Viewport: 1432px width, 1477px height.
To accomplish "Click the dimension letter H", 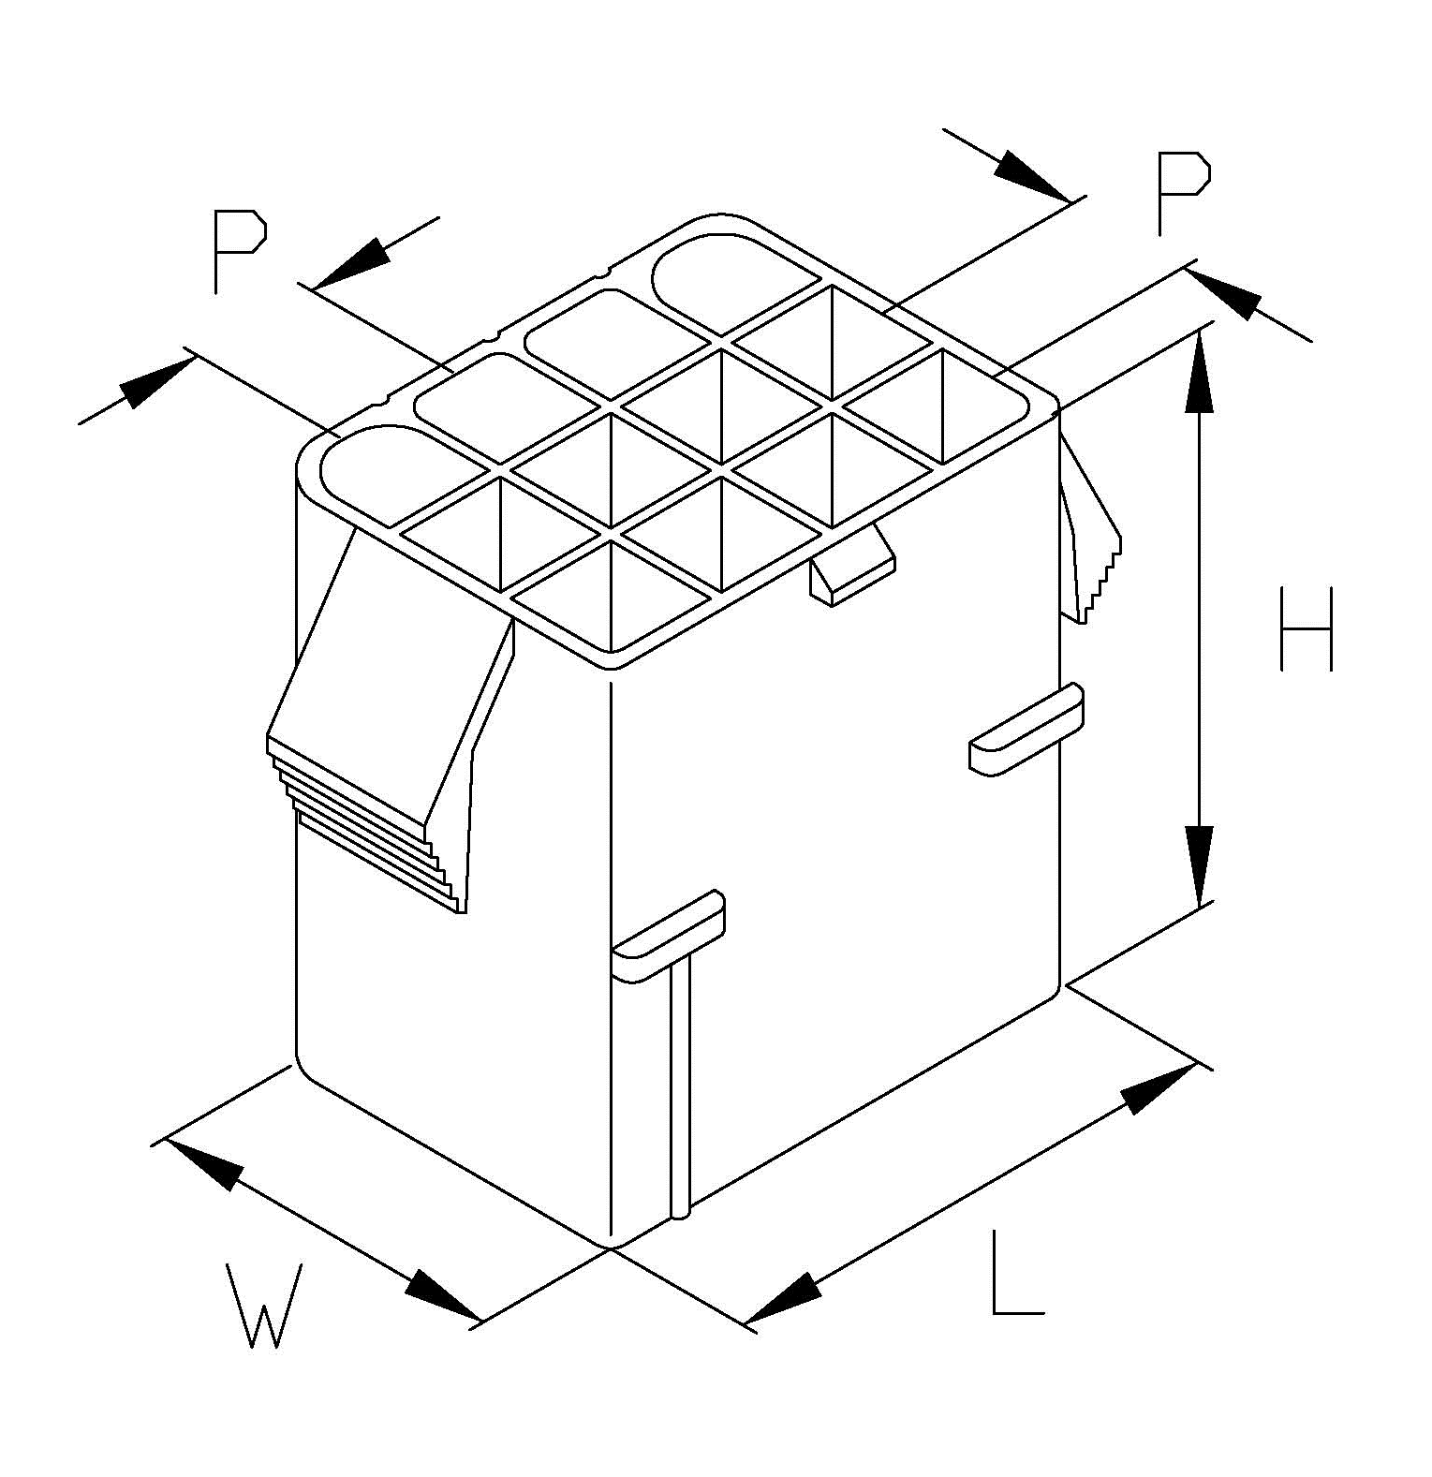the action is point(1306,629).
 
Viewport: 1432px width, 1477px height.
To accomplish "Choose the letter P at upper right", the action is point(1183,193).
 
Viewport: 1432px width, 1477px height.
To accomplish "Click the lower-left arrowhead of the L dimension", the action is point(783,1298).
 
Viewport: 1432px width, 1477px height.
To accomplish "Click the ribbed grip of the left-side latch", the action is point(365,824).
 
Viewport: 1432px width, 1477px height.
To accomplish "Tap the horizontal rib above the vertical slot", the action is point(668,936).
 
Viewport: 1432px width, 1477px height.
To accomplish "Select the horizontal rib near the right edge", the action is point(1026,730).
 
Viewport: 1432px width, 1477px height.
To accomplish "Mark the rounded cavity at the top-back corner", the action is point(735,282).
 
